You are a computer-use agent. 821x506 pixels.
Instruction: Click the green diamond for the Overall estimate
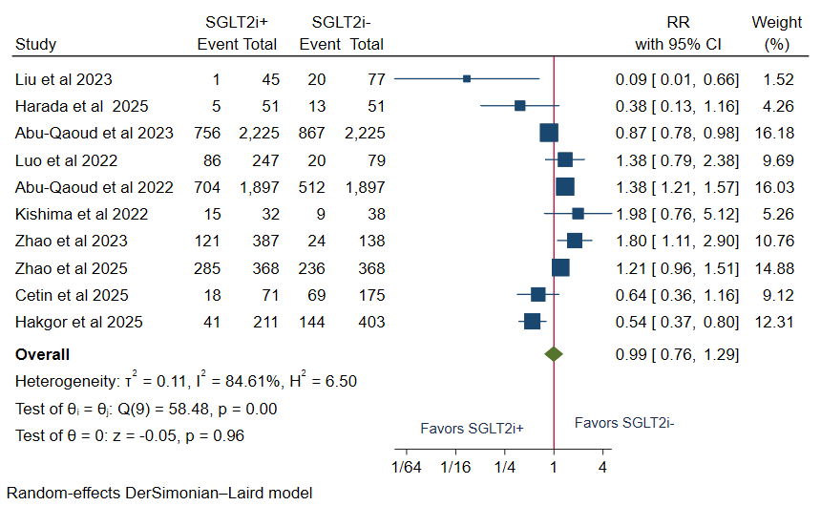click(553, 354)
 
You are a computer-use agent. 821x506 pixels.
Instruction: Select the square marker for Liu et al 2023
click(467, 78)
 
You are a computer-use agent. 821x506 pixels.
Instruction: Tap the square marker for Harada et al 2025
click(519, 105)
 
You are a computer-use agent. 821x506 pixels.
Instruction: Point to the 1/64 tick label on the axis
click(407, 467)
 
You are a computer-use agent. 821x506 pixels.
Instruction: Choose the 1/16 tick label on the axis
click(455, 467)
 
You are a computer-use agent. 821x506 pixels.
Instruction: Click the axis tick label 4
click(602, 467)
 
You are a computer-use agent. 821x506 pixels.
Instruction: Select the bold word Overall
click(43, 354)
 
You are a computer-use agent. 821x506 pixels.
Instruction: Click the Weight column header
click(776, 22)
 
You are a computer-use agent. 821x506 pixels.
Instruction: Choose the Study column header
click(36, 44)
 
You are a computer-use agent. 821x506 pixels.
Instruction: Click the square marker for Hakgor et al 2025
click(532, 322)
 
